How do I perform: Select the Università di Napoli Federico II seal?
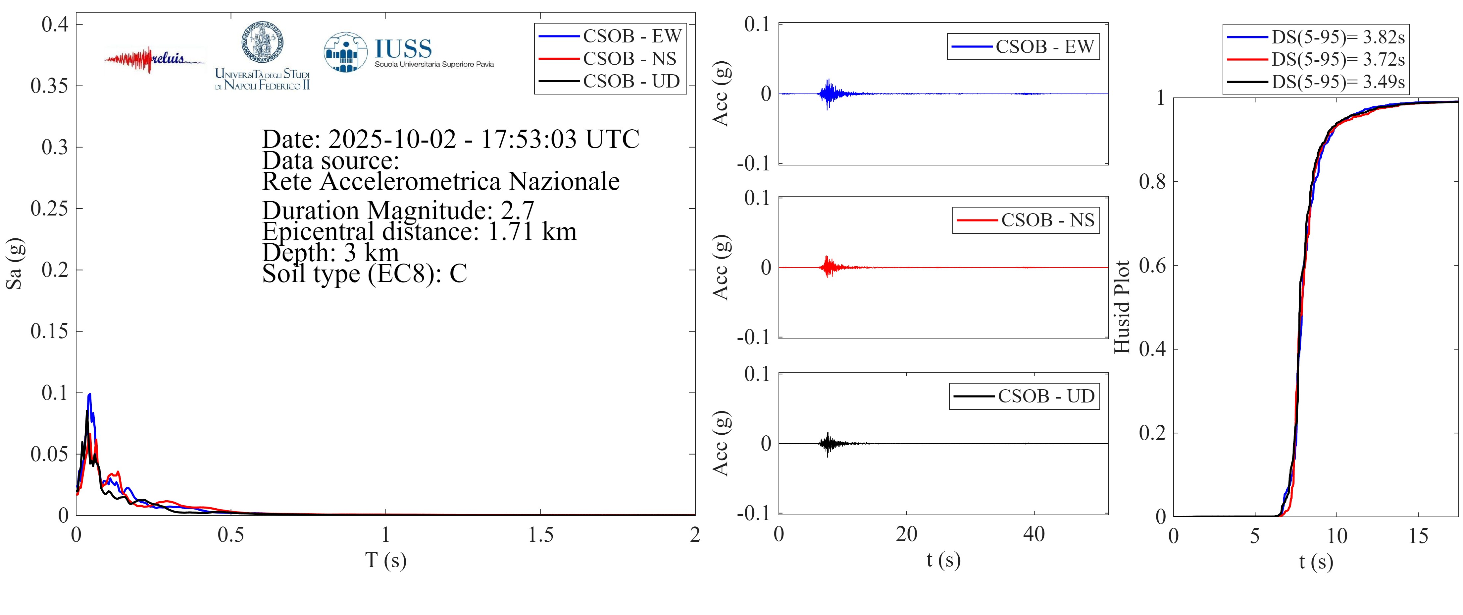262,43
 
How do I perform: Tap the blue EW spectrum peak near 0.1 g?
89,395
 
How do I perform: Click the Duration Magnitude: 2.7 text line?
398,211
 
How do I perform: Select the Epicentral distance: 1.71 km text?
419,232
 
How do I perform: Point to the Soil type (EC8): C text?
364,274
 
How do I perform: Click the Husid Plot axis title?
1122,307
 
